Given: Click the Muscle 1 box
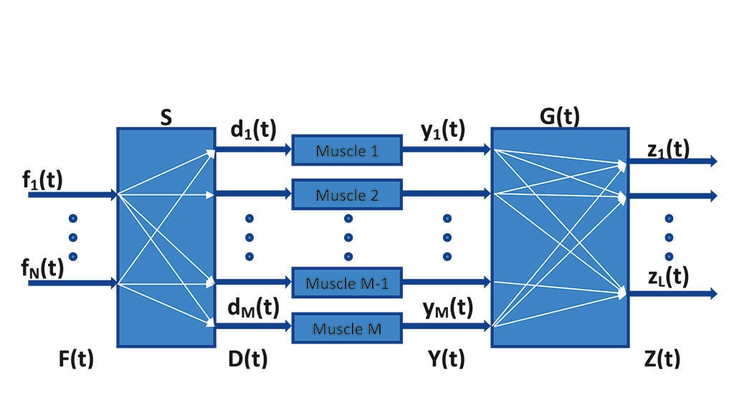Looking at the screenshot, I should coord(346,151).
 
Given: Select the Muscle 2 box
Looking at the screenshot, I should coord(346,194).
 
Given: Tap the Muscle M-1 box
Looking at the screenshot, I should coord(346,283).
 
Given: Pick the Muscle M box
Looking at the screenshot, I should coord(346,328).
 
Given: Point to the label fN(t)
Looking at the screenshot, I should coord(42,269).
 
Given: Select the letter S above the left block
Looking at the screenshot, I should coord(166,118).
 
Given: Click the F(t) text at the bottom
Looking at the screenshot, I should coord(76,358).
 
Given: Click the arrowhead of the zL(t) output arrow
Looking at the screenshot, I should coord(713,293).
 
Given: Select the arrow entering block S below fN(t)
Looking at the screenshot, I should coord(72,284).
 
